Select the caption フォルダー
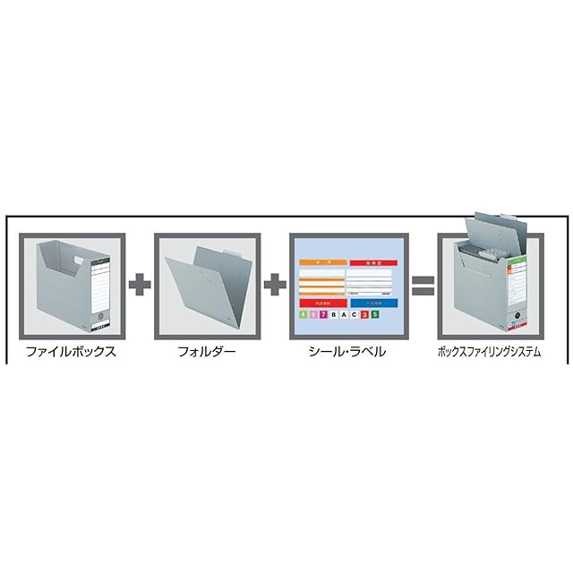click(x=208, y=352)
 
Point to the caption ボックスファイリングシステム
click(x=490, y=352)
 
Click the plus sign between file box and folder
click(x=140, y=286)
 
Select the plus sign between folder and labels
click(x=275, y=286)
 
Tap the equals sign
click(x=423, y=286)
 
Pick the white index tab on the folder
click(x=231, y=253)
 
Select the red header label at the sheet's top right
click(x=373, y=264)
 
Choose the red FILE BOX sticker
click(x=321, y=304)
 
